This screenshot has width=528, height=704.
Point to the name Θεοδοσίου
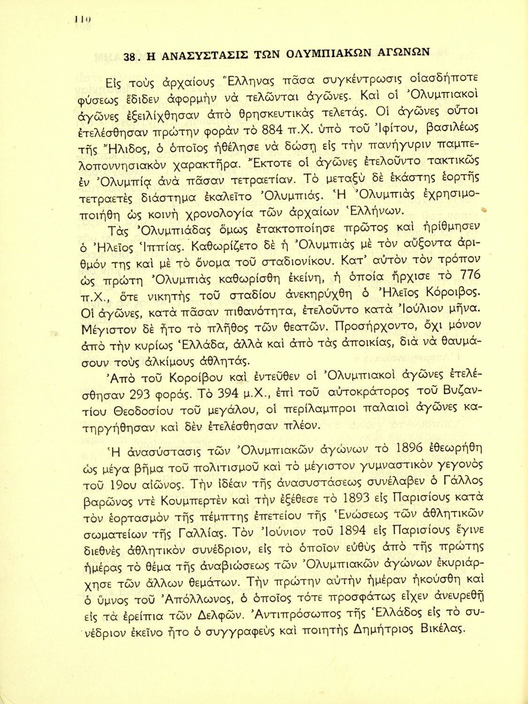click(x=144, y=411)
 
